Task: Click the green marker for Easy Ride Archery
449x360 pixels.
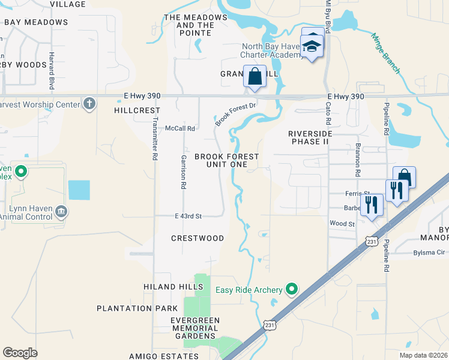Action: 292,290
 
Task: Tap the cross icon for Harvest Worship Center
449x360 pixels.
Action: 89,104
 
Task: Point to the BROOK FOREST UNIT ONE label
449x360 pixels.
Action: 226,160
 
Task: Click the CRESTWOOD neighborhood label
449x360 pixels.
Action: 197,238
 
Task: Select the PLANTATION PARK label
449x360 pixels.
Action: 133,308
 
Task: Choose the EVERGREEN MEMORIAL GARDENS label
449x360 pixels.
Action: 187,328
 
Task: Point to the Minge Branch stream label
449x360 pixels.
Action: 386,54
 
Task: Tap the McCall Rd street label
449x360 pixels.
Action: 181,128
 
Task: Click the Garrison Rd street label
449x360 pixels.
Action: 184,172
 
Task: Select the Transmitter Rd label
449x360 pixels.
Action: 154,137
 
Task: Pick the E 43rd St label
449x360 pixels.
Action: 188,216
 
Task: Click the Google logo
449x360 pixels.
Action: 20,353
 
